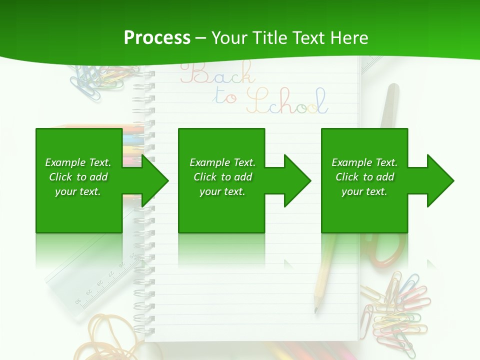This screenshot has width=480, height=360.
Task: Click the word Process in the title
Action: click(157, 37)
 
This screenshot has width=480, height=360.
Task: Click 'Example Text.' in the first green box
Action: click(78, 162)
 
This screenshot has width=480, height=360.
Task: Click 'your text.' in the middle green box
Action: click(221, 191)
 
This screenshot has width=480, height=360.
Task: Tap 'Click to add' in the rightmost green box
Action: click(364, 177)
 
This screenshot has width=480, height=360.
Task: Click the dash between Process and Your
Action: click(201, 37)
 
